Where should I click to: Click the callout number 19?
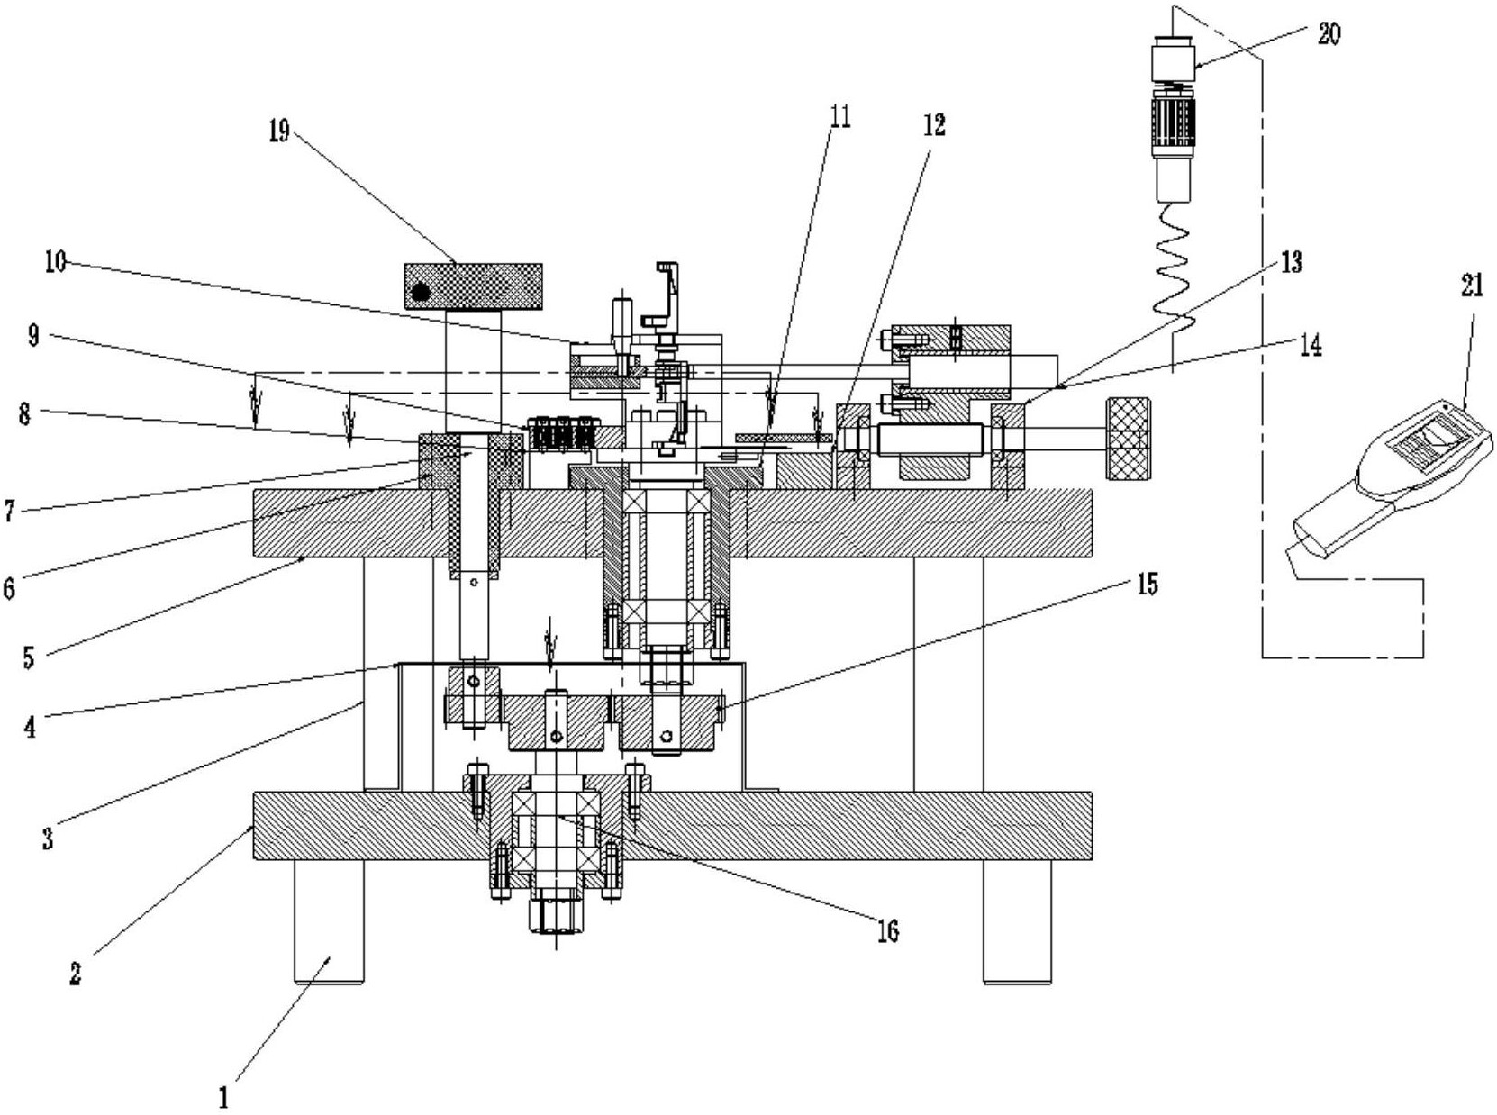click(278, 131)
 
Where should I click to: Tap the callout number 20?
click(1329, 33)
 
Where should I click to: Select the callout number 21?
click(1472, 286)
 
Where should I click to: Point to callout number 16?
click(889, 931)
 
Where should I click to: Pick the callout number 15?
click(1148, 583)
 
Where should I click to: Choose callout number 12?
click(936, 124)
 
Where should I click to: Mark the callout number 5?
click(28, 657)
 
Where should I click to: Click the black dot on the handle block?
click(422, 292)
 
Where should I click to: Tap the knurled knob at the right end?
click(1127, 439)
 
